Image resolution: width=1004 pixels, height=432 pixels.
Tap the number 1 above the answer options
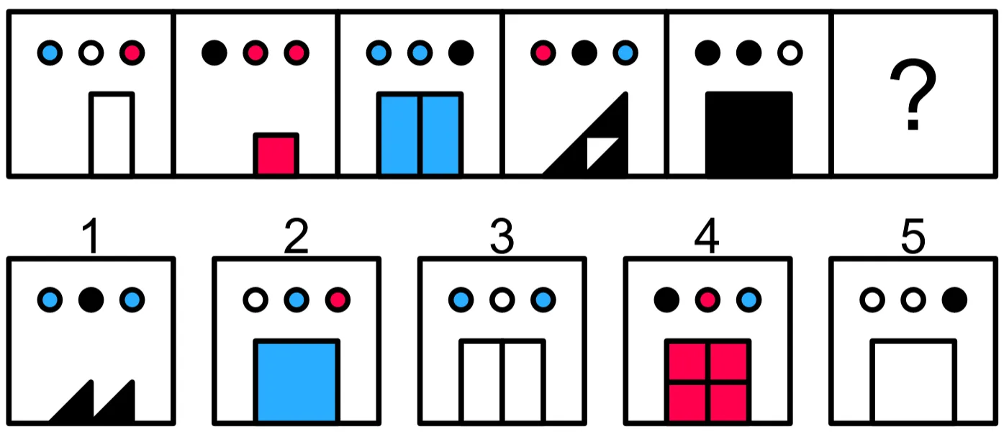91,235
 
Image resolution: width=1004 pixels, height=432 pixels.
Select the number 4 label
707,235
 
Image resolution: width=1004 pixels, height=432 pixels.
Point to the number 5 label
913,236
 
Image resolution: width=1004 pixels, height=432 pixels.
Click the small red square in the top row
276,154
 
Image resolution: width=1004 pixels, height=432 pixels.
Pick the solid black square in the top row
749,133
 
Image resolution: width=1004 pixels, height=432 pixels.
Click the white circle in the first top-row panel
91,53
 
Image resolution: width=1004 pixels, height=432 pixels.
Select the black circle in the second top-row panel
214,53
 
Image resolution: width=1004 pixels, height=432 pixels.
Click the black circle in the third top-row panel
461,53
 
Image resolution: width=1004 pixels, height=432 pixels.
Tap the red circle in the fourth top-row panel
543,53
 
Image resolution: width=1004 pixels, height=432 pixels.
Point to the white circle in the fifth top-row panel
790,53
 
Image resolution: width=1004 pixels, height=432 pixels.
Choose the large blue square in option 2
297,381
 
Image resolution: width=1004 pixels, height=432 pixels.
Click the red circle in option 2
338,300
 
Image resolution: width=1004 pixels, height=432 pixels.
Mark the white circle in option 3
502,300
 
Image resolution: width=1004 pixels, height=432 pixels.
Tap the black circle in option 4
666,300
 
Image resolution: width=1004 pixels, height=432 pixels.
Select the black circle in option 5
954,300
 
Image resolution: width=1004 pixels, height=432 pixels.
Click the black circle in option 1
91,300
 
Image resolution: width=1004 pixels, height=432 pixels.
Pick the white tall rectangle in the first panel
112,134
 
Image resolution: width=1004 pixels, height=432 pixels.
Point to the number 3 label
502,236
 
